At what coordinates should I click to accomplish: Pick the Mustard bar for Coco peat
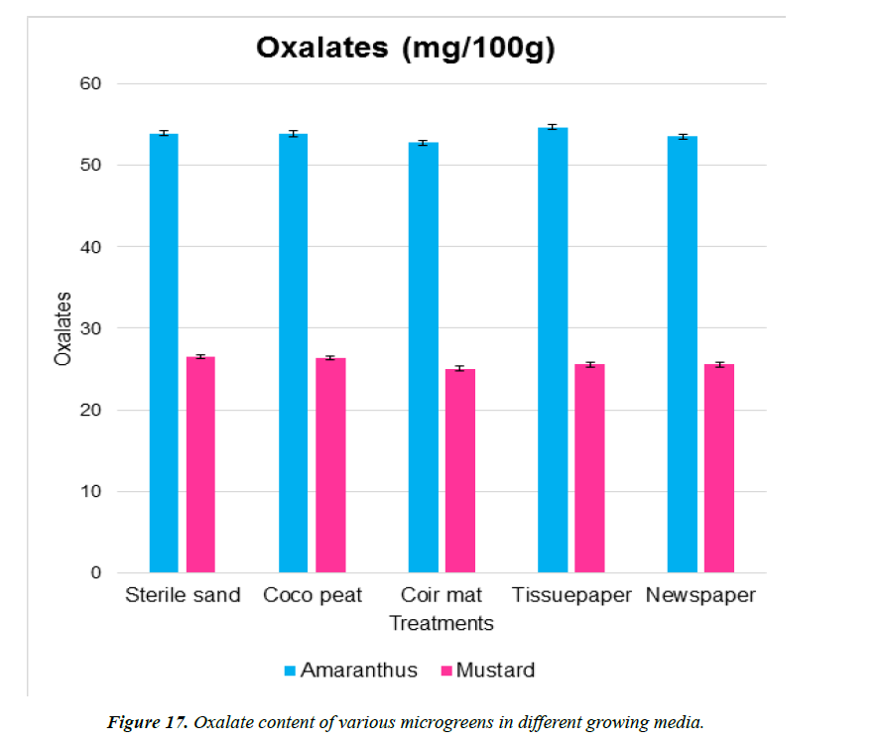click(330, 465)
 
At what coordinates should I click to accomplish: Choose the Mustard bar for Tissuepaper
click(589, 468)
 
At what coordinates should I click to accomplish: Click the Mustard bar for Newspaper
click(719, 468)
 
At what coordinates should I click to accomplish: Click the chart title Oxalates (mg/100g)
click(405, 48)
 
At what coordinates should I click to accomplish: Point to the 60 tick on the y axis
click(90, 83)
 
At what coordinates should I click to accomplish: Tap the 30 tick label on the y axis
click(90, 328)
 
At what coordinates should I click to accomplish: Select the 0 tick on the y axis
click(95, 572)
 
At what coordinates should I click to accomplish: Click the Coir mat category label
click(442, 595)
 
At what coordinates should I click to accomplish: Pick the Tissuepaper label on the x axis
click(571, 595)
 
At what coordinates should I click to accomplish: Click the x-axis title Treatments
click(442, 623)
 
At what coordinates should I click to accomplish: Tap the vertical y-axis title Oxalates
click(63, 328)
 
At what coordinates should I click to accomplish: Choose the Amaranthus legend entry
click(348, 670)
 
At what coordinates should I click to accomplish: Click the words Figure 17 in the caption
click(147, 721)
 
